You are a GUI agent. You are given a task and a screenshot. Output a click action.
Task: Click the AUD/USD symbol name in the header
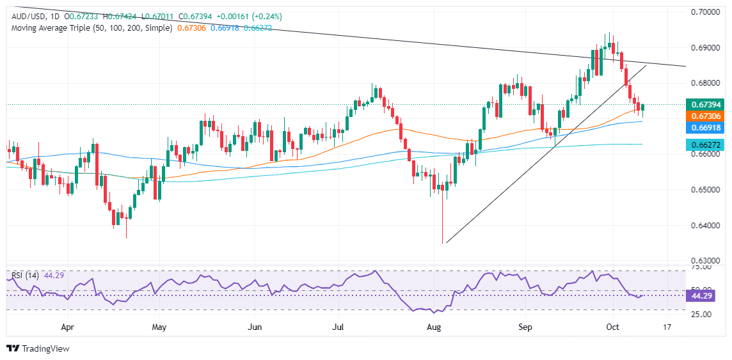(x=26, y=16)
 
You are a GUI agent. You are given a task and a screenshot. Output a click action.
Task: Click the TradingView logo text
(x=45, y=348)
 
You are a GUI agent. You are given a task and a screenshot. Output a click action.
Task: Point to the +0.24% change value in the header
(x=267, y=16)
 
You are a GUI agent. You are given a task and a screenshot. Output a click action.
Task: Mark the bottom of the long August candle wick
(x=443, y=242)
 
